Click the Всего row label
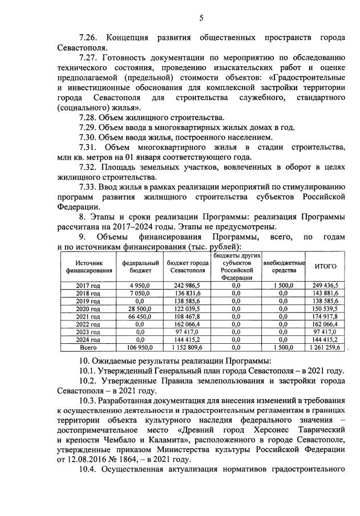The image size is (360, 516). [x=88, y=346]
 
